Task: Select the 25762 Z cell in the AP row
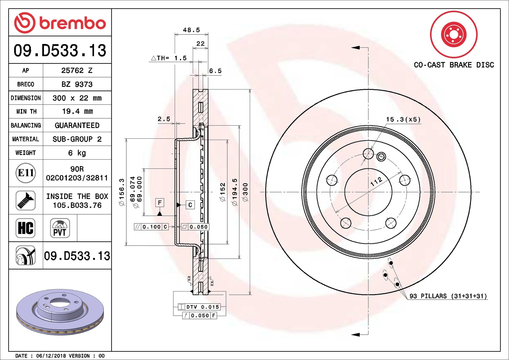pyautogui.click(x=77, y=70)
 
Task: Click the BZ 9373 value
pyautogui.click(x=77, y=84)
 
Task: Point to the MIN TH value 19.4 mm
pyautogui.click(x=77, y=111)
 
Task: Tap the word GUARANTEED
pyautogui.click(x=77, y=125)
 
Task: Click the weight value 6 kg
pyautogui.click(x=77, y=153)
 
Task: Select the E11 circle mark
pyautogui.click(x=26, y=173)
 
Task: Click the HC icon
pyautogui.click(x=26, y=228)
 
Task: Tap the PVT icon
pyautogui.click(x=60, y=228)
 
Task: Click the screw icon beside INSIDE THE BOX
pyautogui.click(x=26, y=201)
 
